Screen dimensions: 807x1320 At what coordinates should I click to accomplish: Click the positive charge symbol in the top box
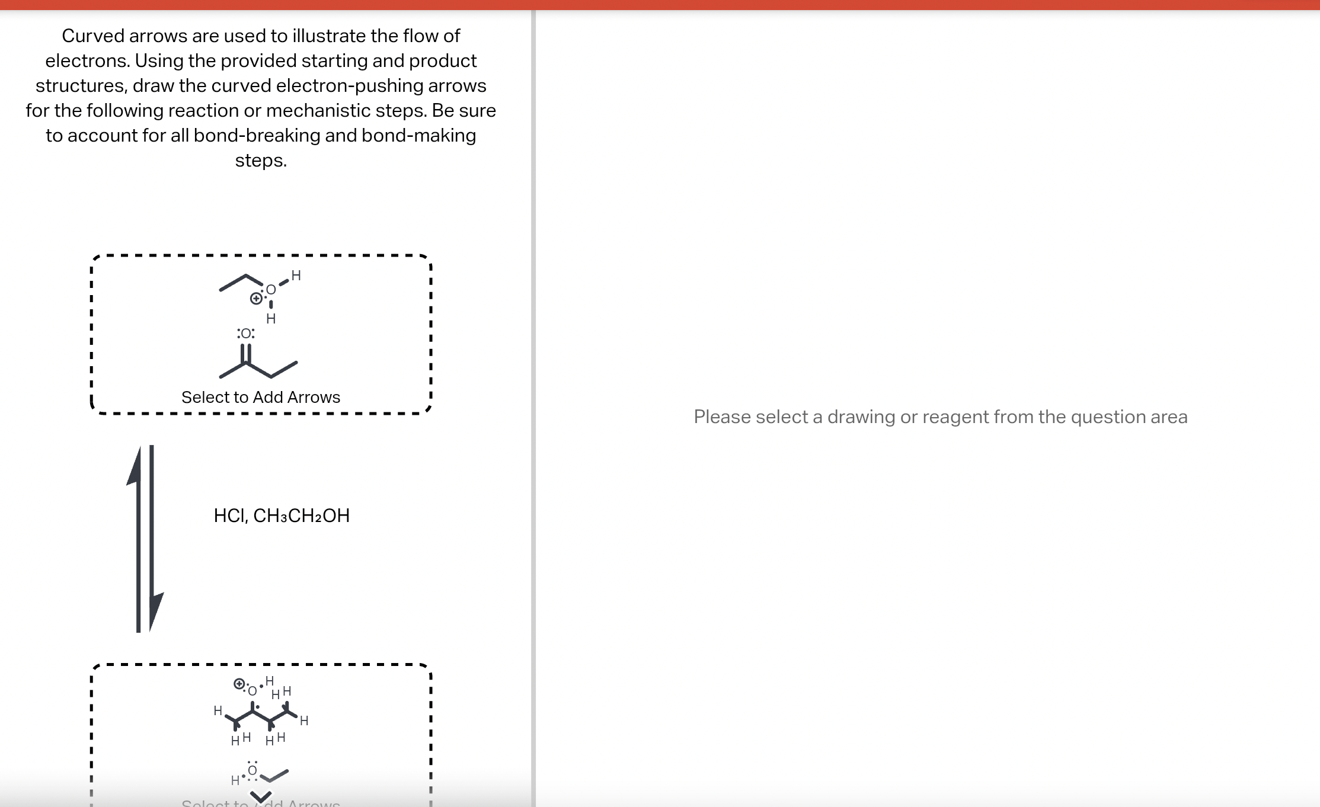(255, 299)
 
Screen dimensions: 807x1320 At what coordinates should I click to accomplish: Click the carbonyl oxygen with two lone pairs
(246, 334)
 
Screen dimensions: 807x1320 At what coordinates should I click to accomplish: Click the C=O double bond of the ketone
(246, 354)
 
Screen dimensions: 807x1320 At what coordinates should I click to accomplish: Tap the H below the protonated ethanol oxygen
(271, 319)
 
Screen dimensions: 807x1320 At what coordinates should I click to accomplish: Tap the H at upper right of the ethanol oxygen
(296, 276)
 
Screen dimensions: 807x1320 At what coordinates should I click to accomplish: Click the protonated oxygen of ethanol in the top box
(271, 290)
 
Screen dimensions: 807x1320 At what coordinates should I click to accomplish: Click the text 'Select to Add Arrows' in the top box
(261, 397)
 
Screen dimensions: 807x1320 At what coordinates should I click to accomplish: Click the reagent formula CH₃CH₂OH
(301, 515)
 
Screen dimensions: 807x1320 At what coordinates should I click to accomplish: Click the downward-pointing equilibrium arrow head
(156, 610)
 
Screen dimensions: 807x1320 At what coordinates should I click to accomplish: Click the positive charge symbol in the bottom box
(239, 684)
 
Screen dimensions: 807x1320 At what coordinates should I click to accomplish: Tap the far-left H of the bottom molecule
(218, 710)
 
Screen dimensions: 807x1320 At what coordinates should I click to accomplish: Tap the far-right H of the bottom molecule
(304, 720)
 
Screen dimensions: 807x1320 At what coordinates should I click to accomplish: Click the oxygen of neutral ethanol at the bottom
(253, 770)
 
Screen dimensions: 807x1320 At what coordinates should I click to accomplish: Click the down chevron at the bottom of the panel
(261, 796)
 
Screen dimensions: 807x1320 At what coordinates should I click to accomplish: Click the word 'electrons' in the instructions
(87, 60)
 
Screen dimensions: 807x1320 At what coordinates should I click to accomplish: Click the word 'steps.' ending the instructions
(261, 160)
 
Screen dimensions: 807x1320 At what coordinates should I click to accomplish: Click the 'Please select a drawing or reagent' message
(941, 417)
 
